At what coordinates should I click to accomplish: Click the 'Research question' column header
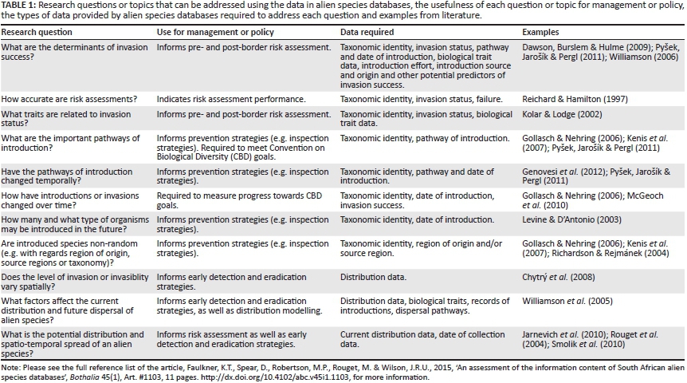click(37, 33)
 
